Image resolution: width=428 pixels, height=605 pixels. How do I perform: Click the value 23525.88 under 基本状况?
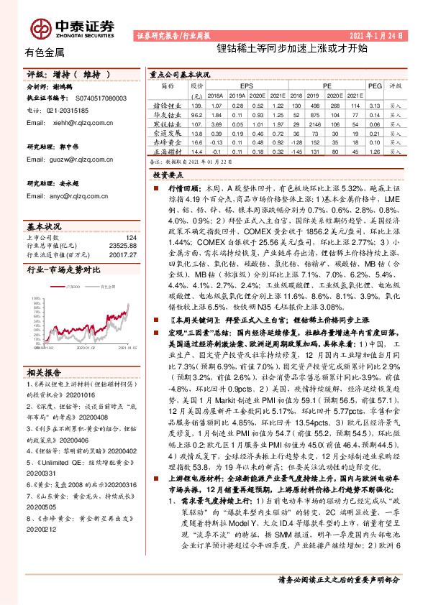120,246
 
